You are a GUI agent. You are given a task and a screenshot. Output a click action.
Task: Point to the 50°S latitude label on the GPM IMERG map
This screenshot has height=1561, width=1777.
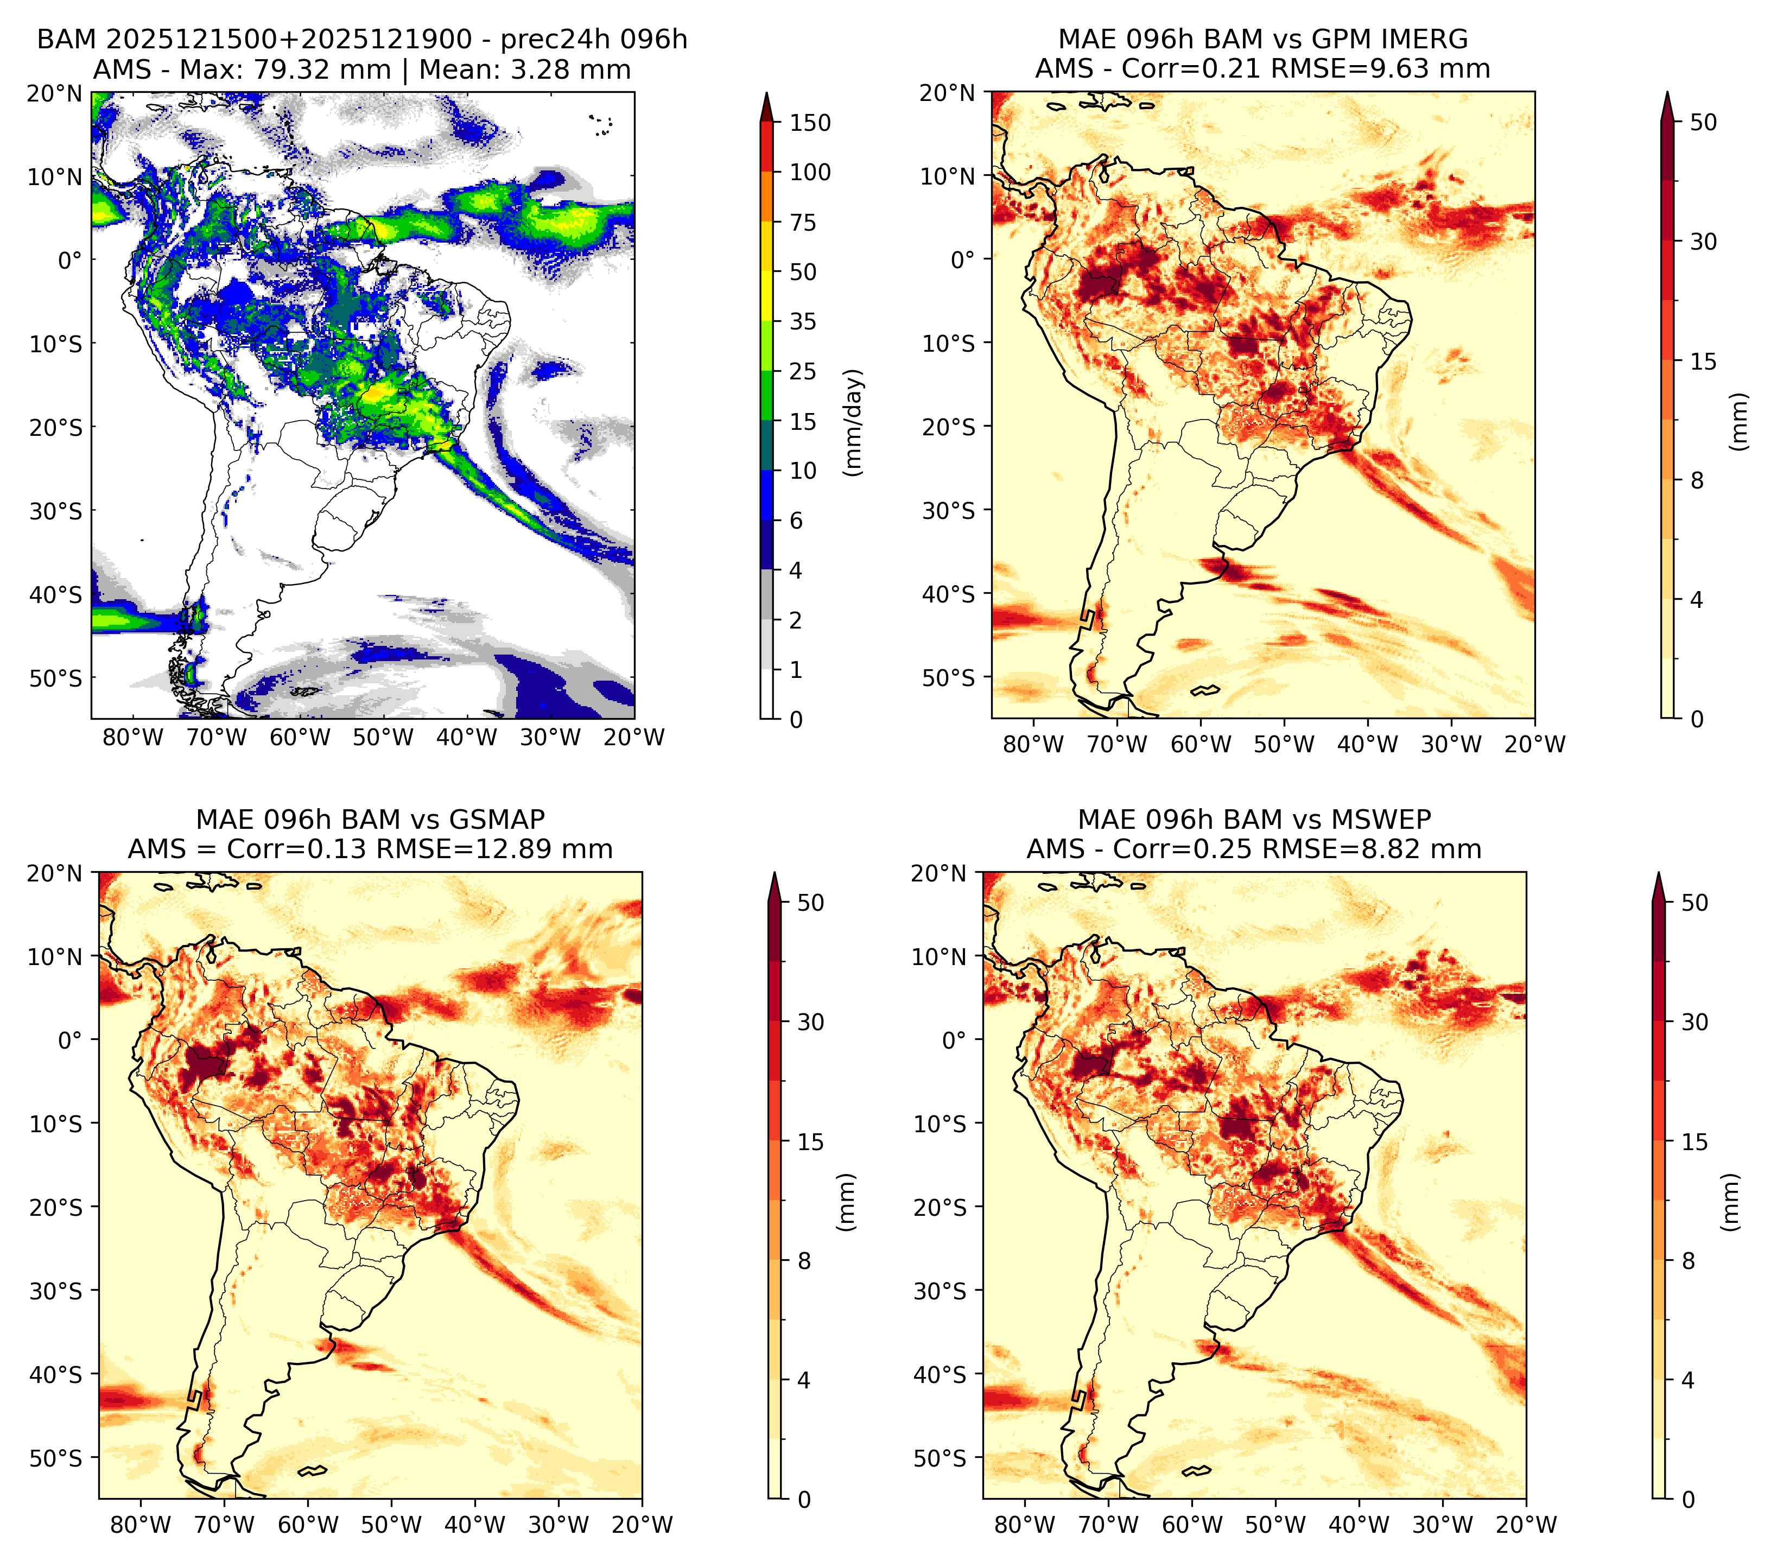[x=949, y=677]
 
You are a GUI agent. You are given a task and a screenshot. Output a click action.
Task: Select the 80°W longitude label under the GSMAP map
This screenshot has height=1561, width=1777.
[x=141, y=1525]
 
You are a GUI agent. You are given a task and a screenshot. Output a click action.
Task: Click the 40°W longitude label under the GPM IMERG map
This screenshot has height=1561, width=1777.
[x=1368, y=745]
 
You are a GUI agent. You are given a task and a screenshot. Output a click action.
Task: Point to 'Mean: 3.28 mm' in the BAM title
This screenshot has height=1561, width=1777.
[x=525, y=69]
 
